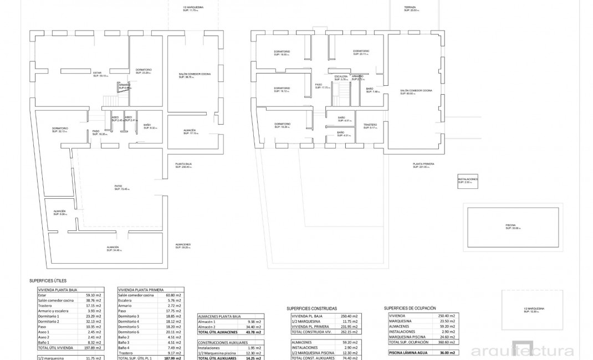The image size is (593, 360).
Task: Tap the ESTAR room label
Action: point(97,74)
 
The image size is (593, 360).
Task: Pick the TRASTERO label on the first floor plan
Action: point(370,125)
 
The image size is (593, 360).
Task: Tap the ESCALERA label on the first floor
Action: point(340,77)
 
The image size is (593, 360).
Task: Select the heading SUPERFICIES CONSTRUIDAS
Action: point(311,308)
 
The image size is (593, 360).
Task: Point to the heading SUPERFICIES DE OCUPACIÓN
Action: point(410,307)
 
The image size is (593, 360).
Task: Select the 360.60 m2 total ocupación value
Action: point(444,342)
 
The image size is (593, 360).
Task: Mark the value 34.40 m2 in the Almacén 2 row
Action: point(253,327)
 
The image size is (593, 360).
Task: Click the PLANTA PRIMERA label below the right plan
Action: point(423,164)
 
